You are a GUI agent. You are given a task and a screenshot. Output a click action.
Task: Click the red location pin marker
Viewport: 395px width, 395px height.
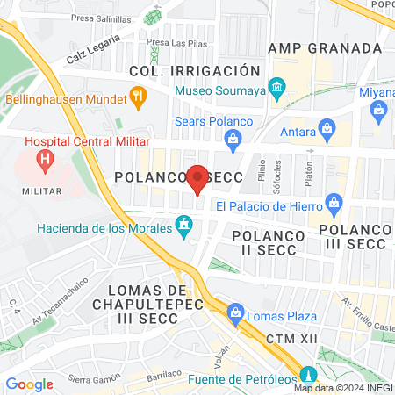[x=197, y=178]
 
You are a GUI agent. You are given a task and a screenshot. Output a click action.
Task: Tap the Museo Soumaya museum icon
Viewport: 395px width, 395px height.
[x=277, y=87]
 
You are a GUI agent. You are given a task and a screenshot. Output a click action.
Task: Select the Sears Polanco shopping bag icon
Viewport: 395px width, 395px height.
[x=233, y=137]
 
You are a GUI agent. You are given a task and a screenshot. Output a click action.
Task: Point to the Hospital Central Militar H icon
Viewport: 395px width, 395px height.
[x=42, y=161]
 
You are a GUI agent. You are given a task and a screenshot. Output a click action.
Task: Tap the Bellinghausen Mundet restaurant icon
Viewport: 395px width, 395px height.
[x=136, y=95]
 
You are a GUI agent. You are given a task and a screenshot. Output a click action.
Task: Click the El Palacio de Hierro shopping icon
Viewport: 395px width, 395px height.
[x=334, y=205]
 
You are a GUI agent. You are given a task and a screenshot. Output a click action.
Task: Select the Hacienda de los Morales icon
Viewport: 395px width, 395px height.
[x=183, y=227]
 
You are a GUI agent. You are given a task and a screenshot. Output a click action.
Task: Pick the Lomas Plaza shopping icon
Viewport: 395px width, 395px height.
[x=235, y=312]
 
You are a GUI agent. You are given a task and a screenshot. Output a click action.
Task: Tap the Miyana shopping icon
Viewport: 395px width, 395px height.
[x=378, y=109]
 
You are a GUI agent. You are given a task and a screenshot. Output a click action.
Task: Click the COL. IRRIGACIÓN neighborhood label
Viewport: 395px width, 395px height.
[x=194, y=70]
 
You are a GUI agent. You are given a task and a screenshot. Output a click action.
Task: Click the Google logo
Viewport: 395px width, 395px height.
[x=29, y=384]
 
